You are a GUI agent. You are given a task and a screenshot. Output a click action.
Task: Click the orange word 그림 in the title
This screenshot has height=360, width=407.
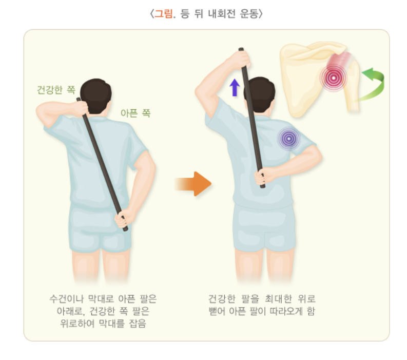point(164,14)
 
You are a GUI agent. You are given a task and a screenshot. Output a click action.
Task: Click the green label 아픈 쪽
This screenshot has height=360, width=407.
point(135,112)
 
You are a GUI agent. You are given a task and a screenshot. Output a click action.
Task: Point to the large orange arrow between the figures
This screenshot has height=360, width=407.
point(193,184)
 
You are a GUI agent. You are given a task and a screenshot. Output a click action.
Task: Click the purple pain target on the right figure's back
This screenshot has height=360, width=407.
point(289,138)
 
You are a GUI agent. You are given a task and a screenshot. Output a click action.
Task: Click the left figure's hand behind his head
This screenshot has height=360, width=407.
point(81,108)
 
